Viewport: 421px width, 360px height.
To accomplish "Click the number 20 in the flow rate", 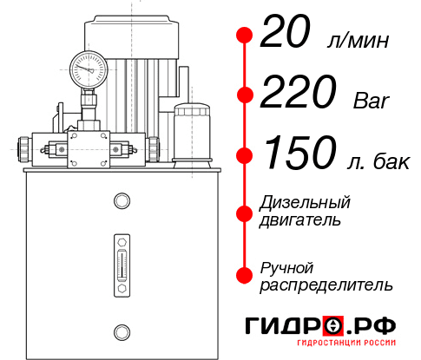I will click(286, 35).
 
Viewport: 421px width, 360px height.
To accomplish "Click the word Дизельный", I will click(306, 203).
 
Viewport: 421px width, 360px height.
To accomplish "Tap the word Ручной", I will click(287, 266).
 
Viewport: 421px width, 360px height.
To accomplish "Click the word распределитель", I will click(326, 284).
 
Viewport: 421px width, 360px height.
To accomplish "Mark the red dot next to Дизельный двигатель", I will click(245, 211).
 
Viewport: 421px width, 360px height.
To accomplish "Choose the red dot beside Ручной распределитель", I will click(245, 274).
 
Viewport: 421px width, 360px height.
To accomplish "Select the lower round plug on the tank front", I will click(122, 331).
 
